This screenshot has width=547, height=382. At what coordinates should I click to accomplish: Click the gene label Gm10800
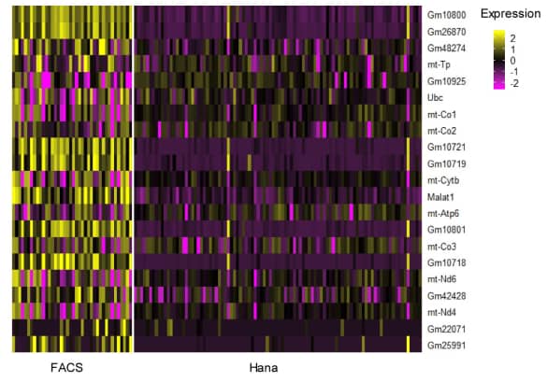pyautogui.click(x=447, y=15)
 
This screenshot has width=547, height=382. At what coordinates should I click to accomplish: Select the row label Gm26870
pyautogui.click(x=447, y=31)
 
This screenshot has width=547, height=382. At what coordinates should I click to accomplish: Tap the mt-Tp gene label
pyautogui.click(x=439, y=64)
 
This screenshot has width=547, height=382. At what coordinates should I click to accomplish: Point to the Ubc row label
pyautogui.click(x=435, y=97)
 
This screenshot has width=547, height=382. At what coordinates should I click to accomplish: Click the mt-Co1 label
pyautogui.click(x=441, y=114)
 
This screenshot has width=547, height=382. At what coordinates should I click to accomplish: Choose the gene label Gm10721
pyautogui.click(x=447, y=148)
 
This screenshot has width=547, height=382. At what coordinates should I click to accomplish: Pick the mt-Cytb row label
pyautogui.click(x=442, y=180)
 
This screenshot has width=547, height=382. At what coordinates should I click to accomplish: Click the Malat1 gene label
pyautogui.click(x=440, y=197)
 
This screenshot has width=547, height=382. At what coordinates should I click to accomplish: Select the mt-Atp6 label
pyautogui.click(x=443, y=213)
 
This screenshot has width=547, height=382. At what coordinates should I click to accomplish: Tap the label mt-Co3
pyautogui.click(x=441, y=247)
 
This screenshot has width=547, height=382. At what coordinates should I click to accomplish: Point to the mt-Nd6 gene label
pyautogui.click(x=441, y=279)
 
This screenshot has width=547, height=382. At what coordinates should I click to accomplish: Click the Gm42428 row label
pyautogui.click(x=447, y=296)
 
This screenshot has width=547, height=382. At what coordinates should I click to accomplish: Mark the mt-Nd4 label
pyautogui.click(x=441, y=312)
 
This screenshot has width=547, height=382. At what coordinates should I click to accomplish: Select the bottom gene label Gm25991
pyautogui.click(x=447, y=346)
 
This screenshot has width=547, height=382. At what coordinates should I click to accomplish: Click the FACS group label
pyautogui.click(x=66, y=368)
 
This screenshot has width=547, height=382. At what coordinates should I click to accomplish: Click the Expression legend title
pyautogui.click(x=511, y=14)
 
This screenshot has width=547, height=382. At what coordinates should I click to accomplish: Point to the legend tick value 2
pyautogui.click(x=513, y=37)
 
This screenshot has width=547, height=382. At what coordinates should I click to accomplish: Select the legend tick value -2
pyautogui.click(x=515, y=83)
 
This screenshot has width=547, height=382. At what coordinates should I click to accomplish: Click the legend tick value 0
pyautogui.click(x=513, y=60)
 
